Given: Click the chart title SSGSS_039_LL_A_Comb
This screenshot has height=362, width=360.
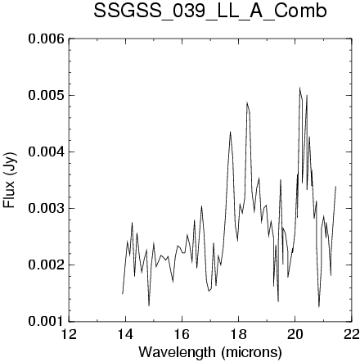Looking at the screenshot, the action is [210, 11].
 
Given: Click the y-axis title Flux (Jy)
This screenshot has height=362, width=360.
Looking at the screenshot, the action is [9, 180].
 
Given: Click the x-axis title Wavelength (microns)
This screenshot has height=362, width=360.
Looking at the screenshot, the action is [210, 351].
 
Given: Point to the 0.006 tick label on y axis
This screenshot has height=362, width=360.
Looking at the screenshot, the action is [47, 39].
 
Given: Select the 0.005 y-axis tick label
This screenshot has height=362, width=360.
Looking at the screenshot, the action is [47, 96].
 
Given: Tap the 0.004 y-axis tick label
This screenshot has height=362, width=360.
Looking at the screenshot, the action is [47, 152].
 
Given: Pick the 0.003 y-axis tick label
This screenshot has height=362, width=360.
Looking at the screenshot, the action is [47, 209].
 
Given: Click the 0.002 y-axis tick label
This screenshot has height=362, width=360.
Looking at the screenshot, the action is [47, 265].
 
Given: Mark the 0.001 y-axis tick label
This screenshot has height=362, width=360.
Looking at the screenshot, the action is [47, 321].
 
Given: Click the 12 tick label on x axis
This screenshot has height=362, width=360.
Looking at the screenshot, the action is [69, 334].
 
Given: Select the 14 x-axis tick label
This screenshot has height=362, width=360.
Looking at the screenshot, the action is [125, 334].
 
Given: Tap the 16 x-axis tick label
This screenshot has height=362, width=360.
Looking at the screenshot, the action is [182, 334].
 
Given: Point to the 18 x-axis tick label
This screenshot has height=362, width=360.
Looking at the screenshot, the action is [238, 334].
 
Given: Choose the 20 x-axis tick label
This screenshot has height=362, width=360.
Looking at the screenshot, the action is [295, 334].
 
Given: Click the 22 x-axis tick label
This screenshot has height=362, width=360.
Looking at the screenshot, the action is [351, 334].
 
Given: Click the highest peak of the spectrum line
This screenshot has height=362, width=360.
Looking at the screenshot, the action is [299, 88].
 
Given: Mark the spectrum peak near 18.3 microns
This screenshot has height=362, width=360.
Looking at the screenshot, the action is [247, 102].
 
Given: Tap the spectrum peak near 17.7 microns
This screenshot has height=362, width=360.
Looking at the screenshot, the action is [230, 132].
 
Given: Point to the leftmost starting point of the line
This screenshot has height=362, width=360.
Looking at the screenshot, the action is [123, 294].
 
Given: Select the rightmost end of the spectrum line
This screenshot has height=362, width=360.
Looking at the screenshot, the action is [335, 186].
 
